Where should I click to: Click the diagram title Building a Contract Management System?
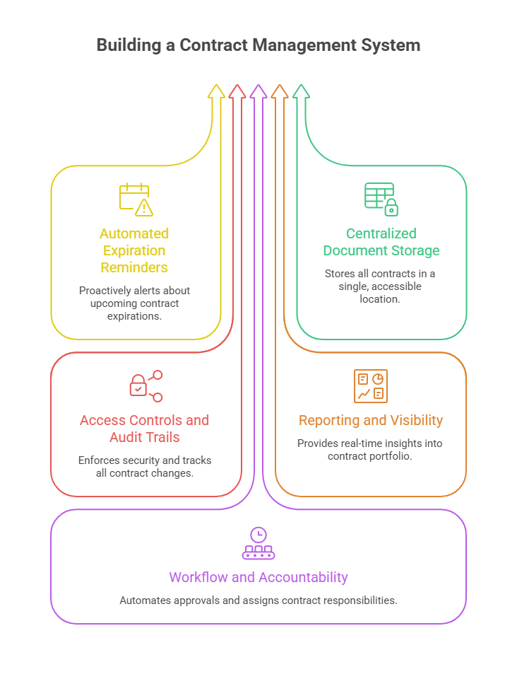258,45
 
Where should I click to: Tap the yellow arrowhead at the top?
216,91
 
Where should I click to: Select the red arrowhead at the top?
237,91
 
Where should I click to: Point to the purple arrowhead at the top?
258,91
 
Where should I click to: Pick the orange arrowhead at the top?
280,91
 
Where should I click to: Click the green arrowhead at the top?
301,91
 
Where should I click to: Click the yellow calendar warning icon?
136,199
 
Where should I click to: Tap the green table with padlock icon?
381,199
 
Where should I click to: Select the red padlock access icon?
145,386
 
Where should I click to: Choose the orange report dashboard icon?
371,386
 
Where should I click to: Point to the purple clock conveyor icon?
258,544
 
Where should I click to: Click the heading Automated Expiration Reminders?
134,250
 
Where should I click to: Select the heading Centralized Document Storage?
381,242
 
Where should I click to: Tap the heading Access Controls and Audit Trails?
145,429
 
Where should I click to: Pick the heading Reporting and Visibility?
371,420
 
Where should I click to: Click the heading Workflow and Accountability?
258,577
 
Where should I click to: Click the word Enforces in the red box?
100,460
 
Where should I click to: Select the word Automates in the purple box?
144,600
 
